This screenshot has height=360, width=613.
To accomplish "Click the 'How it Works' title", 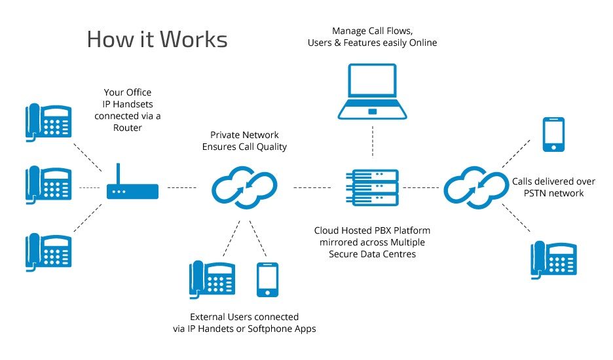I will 157,39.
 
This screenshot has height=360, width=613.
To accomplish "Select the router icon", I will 133,191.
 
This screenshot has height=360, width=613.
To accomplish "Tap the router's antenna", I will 119,173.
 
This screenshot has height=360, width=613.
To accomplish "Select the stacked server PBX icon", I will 371,188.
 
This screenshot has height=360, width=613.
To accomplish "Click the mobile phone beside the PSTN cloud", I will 553,134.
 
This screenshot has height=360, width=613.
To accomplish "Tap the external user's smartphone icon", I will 267,280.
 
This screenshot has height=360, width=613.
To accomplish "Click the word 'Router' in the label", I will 132,128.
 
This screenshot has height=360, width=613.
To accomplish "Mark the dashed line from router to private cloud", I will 182,188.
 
